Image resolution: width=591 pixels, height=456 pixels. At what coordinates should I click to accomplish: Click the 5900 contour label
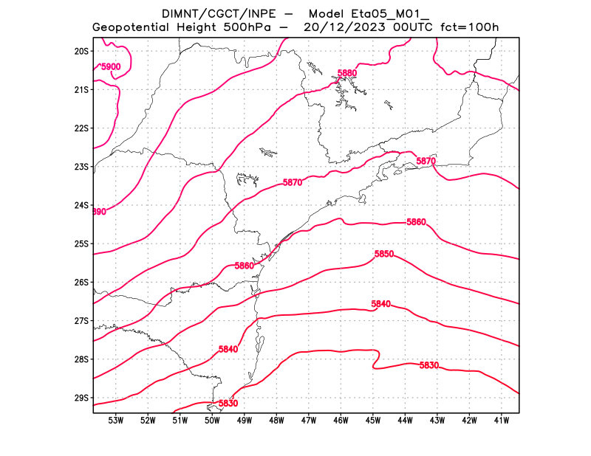(111, 67)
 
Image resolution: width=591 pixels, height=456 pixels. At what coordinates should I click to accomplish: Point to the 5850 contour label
(384, 254)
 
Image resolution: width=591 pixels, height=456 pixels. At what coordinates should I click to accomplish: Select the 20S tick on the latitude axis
(81, 51)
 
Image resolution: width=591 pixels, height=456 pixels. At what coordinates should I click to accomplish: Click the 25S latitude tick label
(81, 243)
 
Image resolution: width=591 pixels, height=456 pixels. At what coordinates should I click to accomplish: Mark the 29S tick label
(81, 398)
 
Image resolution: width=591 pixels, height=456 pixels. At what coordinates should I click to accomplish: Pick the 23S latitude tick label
(81, 167)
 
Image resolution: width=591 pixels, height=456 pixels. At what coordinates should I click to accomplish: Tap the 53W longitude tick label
(115, 421)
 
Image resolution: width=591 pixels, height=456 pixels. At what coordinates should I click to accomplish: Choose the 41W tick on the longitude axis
(501, 421)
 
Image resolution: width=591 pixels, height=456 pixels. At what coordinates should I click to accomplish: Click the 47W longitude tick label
(308, 421)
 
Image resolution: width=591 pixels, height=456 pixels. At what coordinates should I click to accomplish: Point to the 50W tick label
(212, 421)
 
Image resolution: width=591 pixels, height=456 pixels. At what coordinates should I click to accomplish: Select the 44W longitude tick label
(405, 421)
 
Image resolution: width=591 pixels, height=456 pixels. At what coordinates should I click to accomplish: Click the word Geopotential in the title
(133, 27)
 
